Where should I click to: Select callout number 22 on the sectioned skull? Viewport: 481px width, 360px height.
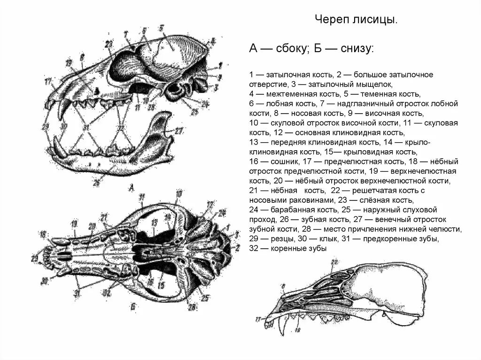coord(334,262)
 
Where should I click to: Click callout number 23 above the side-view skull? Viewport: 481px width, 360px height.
coord(109,43)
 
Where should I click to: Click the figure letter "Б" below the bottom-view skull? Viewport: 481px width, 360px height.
coord(133,306)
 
